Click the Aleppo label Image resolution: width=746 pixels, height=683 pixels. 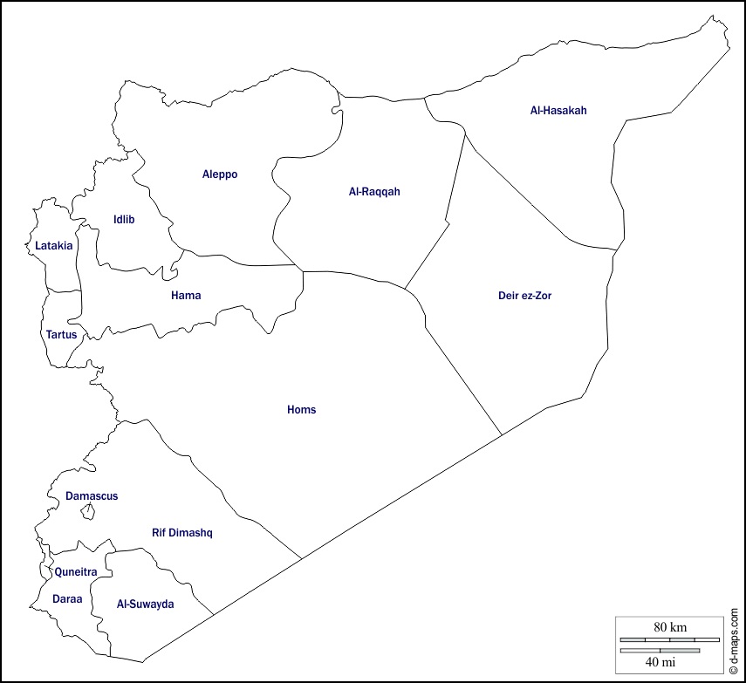[220, 174]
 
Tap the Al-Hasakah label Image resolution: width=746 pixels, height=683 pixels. [558, 111]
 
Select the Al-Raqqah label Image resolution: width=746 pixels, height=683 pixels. [373, 192]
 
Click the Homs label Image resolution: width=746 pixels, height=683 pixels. [302, 410]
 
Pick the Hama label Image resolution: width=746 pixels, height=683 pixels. [186, 296]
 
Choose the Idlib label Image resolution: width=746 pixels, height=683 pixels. [124, 219]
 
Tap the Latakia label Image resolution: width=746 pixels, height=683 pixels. [54, 246]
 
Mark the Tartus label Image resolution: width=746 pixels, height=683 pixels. [61, 334]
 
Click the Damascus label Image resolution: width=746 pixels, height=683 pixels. [92, 496]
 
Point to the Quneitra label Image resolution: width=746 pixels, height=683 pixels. [75, 572]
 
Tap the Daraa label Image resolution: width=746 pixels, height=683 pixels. [67, 599]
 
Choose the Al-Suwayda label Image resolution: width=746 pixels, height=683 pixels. [146, 604]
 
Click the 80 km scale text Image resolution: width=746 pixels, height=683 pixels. [671, 627]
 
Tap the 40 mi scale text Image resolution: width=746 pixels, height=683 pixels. [660, 663]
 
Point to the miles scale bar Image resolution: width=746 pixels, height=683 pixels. [660, 650]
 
